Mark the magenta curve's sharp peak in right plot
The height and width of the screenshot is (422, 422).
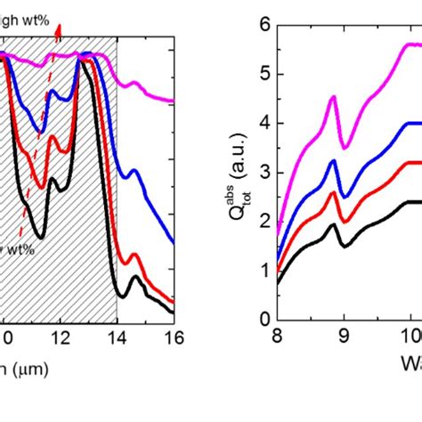coord(334,97)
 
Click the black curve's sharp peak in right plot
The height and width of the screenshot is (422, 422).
coord(334,224)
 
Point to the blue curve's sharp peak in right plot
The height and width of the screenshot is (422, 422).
coord(334,161)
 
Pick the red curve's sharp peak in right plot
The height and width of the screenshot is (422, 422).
coord(334,193)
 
